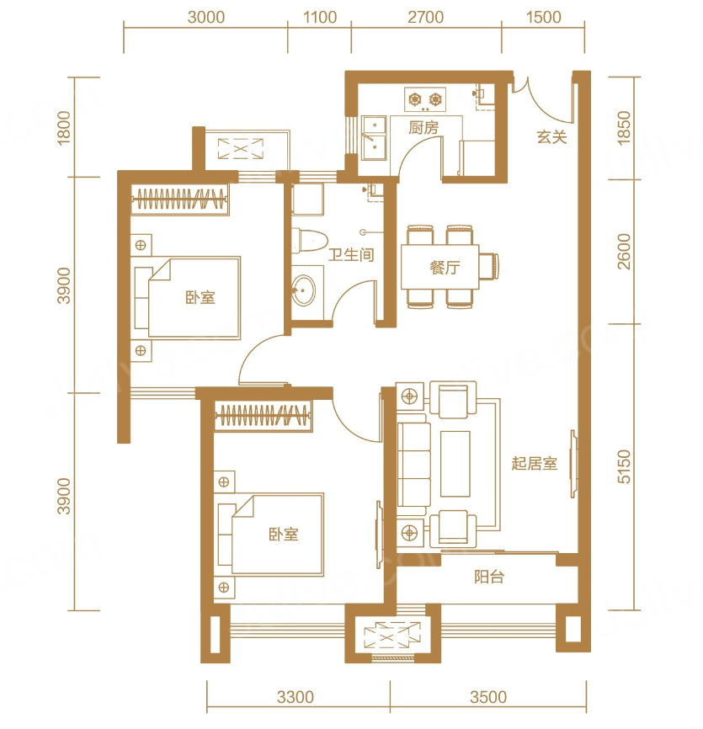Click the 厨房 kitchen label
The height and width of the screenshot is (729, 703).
[423, 127]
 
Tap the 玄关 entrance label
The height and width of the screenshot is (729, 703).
[551, 137]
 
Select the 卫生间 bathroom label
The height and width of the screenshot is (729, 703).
[351, 255]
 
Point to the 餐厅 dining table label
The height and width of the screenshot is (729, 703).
[445, 268]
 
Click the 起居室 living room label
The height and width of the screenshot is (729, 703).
[535, 464]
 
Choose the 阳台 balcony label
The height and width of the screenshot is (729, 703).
[489, 577]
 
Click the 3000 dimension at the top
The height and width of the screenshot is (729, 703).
[206, 17]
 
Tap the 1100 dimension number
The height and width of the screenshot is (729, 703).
[320, 17]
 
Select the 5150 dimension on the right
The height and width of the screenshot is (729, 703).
[625, 466]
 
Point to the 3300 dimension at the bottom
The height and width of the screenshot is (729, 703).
[296, 697]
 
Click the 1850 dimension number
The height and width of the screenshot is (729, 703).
[624, 128]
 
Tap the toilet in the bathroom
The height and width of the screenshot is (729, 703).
[309, 240]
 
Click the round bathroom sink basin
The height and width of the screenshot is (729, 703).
[304, 290]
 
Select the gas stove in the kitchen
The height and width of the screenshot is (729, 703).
[425, 99]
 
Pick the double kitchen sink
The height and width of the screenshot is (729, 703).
[375, 138]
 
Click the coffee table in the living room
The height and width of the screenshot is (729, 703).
[455, 464]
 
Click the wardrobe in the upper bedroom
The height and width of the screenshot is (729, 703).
[180, 200]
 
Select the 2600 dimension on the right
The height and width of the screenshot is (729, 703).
[625, 252]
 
